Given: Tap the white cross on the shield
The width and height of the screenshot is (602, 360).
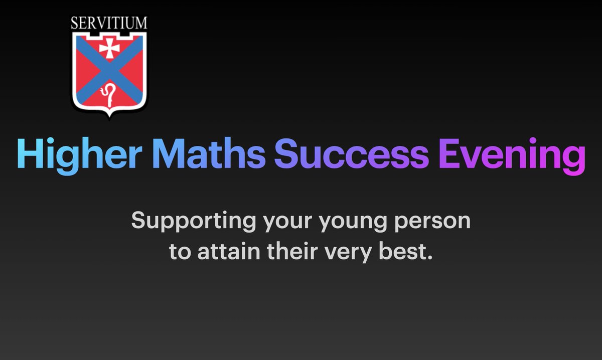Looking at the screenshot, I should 108,48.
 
